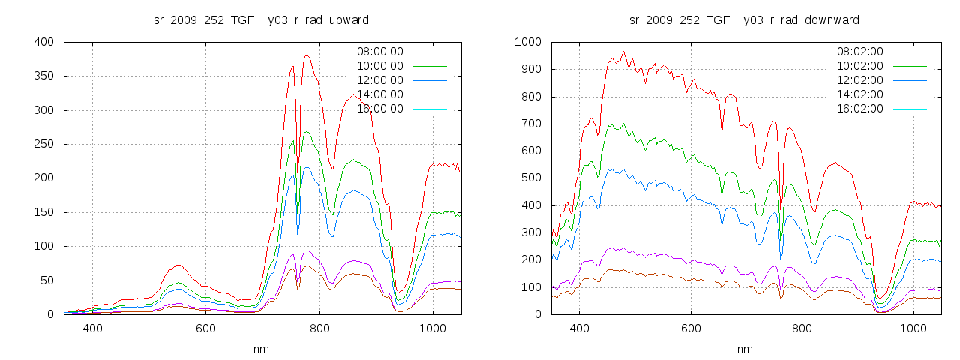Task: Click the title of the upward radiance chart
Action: point(261,19)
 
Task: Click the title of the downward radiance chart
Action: point(744,19)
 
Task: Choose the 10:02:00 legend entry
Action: point(859,66)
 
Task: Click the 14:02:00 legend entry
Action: point(859,94)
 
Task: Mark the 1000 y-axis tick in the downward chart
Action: point(527,42)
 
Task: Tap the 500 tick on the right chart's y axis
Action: point(530,178)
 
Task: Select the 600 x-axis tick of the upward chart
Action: point(205,328)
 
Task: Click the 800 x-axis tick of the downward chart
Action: point(802,328)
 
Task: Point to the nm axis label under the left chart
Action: point(261,349)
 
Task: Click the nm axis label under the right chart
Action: point(744,349)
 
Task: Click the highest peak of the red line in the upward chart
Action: point(307,55)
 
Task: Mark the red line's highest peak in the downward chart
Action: point(623,52)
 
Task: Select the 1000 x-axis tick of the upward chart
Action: point(432,328)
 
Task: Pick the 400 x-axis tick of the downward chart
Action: point(579,328)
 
